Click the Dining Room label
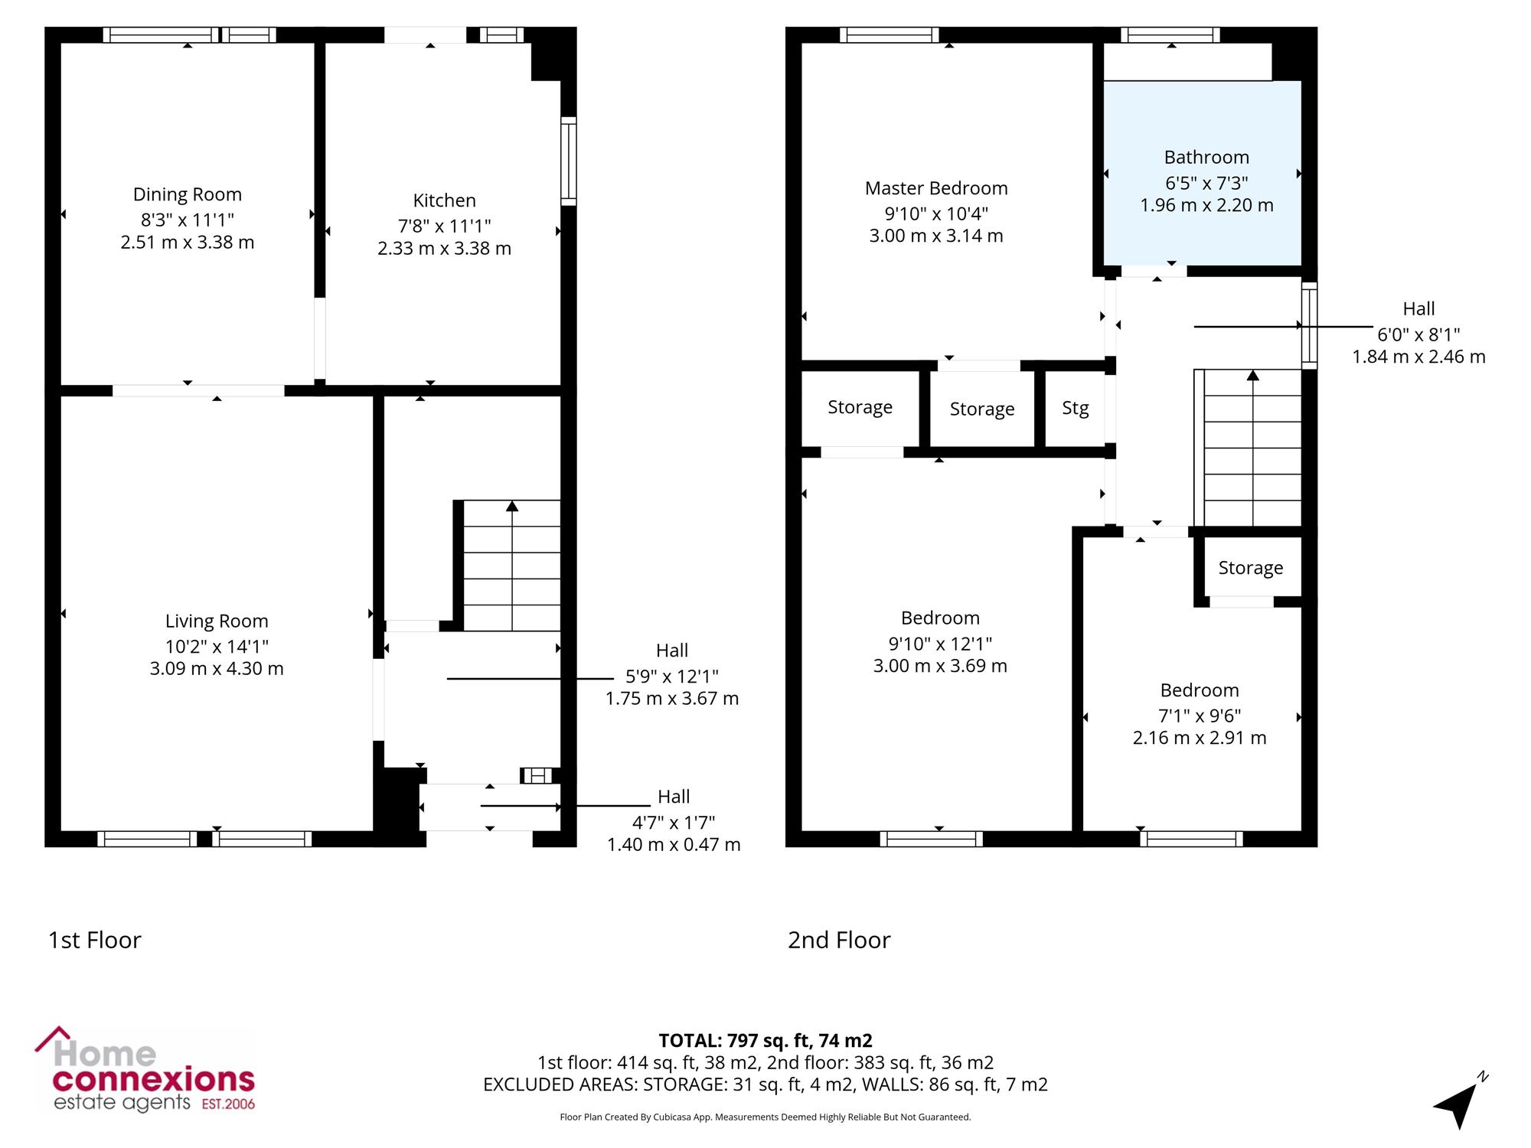pos(188,194)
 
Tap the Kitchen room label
pos(445,201)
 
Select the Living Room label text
pos(217,621)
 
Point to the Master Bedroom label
pos(936,188)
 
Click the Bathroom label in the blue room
pos(1206,158)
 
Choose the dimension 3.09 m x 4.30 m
pos(217,669)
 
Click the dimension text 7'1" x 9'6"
pos(1200,716)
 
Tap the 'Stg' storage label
pos(1076,408)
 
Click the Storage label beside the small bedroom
pos(1251,568)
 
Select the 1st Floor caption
pos(95,940)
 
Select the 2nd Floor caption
pos(839,940)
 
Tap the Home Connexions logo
pos(145,1071)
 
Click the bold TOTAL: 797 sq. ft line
pos(765,1041)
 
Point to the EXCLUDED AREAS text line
pos(765,1084)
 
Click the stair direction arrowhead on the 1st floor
pos(512,506)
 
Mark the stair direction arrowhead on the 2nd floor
pos(1253,375)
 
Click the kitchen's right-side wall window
pos(568,161)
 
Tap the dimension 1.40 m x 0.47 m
pos(674,845)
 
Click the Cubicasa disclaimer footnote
pos(765,1117)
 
